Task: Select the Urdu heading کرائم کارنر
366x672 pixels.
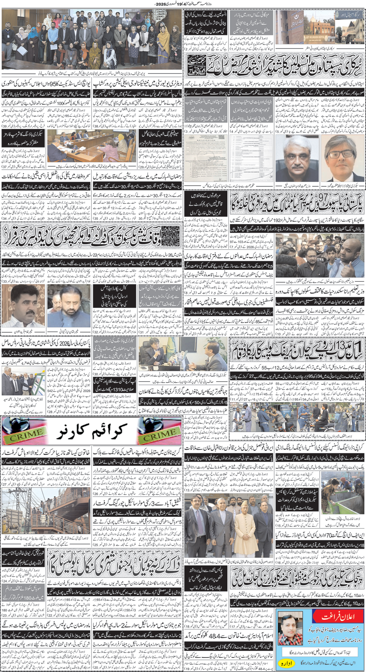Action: tap(92, 432)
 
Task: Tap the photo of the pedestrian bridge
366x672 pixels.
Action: tap(45, 510)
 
